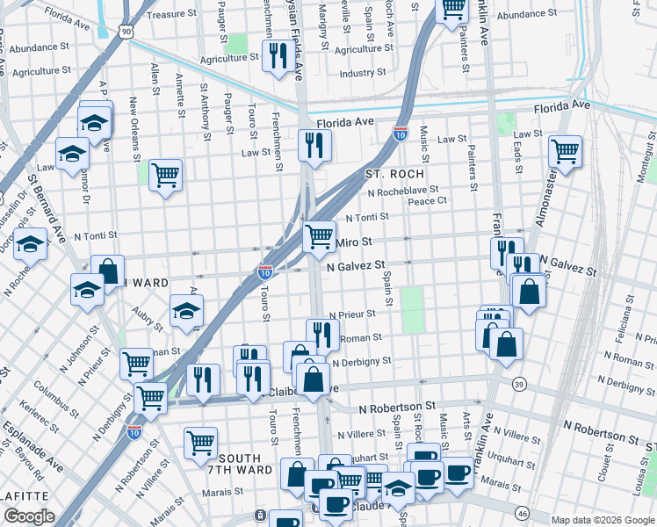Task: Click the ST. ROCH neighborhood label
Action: (x=394, y=174)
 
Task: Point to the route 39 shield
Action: (x=520, y=384)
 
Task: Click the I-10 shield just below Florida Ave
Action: (x=400, y=134)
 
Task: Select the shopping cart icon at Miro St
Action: (x=319, y=235)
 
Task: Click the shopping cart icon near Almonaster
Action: (x=566, y=150)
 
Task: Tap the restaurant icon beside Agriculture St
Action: (x=278, y=55)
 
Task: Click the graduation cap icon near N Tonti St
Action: (x=30, y=243)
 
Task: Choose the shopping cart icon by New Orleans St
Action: (x=164, y=176)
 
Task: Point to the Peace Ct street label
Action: (x=429, y=201)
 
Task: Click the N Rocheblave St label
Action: (x=403, y=191)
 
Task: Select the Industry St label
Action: (x=357, y=74)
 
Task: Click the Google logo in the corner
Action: (x=29, y=516)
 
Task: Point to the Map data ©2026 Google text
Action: (x=603, y=520)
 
